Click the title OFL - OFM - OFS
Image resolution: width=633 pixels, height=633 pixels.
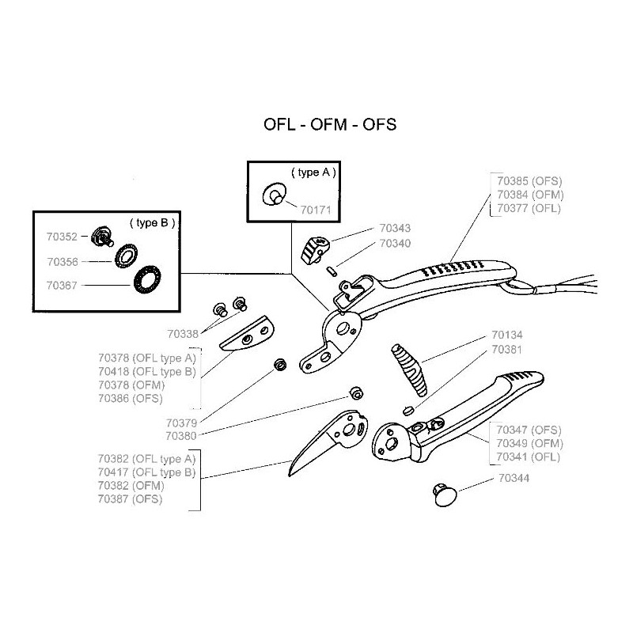(329, 126)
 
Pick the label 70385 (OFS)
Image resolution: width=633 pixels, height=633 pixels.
(529, 180)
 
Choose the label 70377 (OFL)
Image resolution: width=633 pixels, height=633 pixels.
(529, 208)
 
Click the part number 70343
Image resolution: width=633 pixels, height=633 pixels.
(395, 228)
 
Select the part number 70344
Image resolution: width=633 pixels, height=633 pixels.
(514, 479)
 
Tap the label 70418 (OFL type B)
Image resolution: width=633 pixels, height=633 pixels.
(146, 371)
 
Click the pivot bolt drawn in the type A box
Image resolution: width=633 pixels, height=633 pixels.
(275, 195)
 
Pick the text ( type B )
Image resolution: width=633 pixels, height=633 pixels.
(151, 222)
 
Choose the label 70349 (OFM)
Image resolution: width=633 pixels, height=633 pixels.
(529, 442)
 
